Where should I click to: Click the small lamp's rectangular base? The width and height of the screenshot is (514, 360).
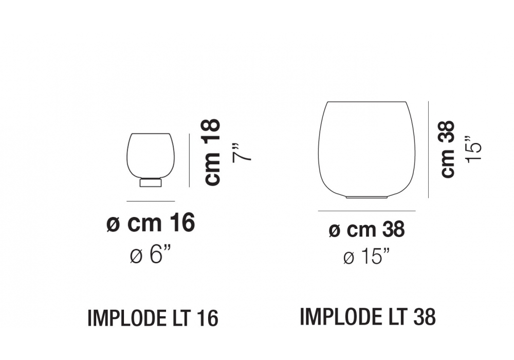pos(151,183)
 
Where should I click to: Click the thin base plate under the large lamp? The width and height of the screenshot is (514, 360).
pos(366,197)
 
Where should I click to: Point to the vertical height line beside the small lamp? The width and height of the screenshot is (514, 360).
pos(189,160)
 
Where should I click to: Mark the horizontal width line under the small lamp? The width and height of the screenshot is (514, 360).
pos(151,201)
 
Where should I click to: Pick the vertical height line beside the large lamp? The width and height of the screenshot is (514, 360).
pos(428,150)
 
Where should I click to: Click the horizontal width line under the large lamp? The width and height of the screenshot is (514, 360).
pos(366,211)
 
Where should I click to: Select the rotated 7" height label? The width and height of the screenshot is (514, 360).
pos(242,153)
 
